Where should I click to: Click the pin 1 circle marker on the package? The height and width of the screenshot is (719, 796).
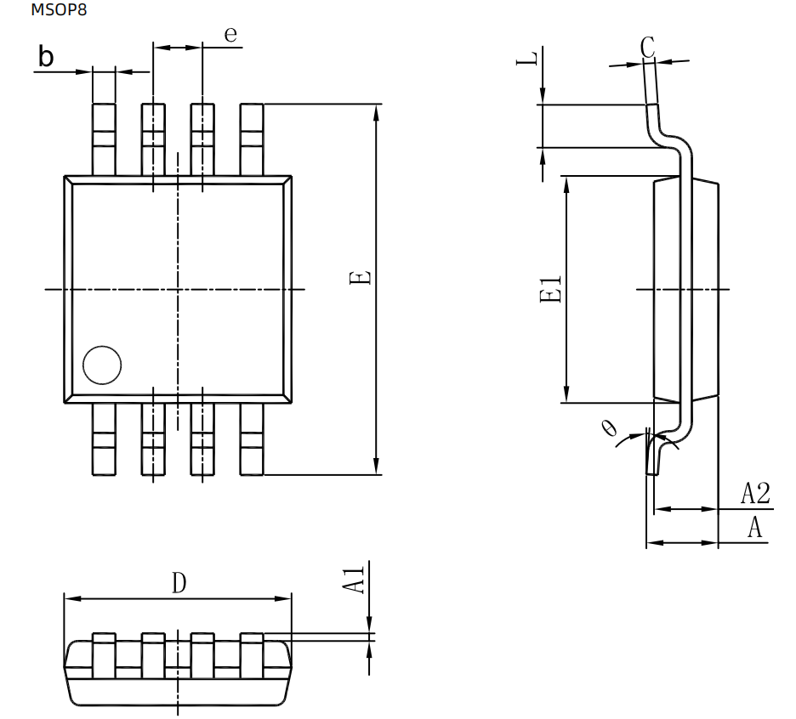102,365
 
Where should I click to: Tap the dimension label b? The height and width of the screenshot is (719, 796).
47,57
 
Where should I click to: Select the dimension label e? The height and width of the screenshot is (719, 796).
230,34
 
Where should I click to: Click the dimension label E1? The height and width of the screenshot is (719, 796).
551,289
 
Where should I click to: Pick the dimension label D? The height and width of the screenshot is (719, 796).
179,583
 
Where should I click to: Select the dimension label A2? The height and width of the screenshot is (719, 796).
755,493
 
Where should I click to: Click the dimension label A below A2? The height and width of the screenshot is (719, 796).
754,528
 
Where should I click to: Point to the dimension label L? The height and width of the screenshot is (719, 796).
529,59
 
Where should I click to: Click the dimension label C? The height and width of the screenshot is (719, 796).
648,48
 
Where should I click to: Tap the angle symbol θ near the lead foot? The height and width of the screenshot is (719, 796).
609,427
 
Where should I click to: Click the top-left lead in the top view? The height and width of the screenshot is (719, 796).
104,139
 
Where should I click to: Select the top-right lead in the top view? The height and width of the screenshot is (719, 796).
252,139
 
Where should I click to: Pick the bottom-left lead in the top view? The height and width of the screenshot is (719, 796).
104,439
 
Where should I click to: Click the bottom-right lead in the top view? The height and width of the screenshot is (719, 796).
252,439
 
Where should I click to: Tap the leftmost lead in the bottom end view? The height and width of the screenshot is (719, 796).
104,654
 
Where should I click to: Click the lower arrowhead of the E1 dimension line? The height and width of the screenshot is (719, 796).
565,394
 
